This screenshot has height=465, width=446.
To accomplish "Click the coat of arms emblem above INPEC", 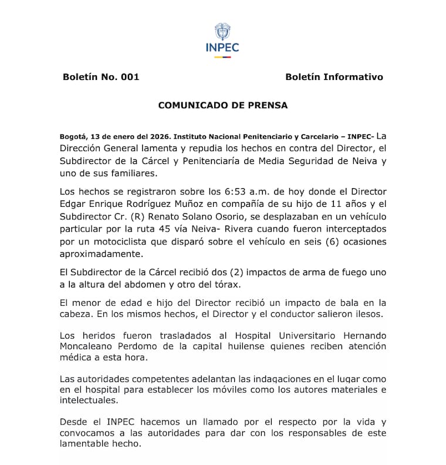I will tap(222, 31).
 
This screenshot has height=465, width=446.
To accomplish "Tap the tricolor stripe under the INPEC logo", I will tap(222, 57).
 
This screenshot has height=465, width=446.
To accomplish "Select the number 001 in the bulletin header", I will tap(129, 77).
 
